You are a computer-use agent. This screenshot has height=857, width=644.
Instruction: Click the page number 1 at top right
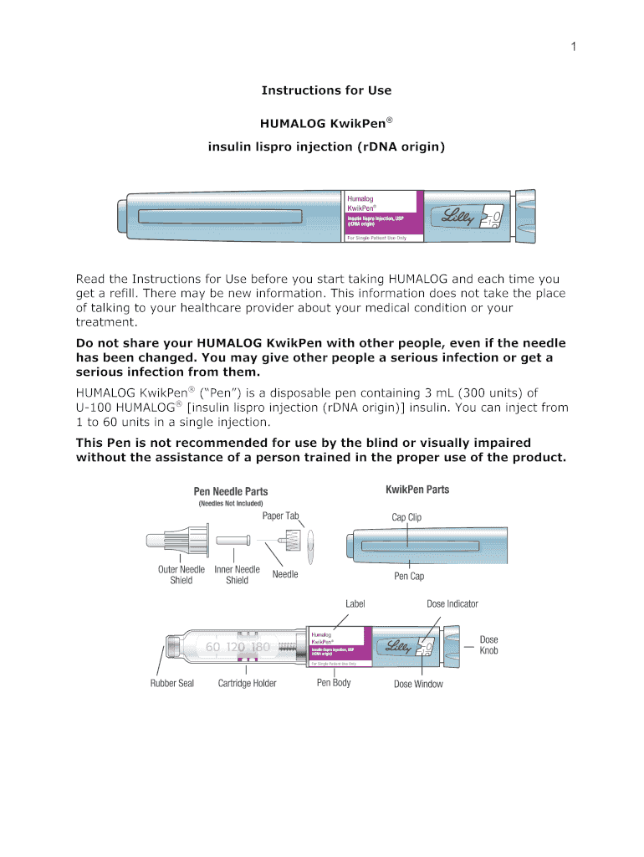[x=574, y=47]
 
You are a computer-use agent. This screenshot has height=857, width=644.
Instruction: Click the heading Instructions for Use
[x=326, y=90]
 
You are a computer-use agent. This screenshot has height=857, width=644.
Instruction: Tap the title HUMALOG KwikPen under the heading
[x=326, y=123]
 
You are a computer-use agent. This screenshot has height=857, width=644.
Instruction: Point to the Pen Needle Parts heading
[x=231, y=491]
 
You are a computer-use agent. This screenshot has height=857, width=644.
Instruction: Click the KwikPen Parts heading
[x=417, y=490]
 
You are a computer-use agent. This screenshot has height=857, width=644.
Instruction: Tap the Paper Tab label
[x=280, y=516]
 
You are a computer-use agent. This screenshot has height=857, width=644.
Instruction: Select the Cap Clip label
[x=406, y=517]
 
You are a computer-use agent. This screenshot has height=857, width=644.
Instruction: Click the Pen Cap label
[x=409, y=577]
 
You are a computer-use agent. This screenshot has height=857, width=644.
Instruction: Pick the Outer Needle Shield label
[x=181, y=575]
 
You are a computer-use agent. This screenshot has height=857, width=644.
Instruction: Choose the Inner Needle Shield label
[x=237, y=575]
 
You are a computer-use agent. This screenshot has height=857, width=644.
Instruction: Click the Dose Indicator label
[x=452, y=603]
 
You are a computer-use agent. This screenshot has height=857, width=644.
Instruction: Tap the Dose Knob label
[x=488, y=644]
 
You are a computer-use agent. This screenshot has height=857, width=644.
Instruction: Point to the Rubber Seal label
[x=172, y=684]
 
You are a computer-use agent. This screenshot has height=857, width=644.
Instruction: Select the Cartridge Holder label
[x=247, y=684]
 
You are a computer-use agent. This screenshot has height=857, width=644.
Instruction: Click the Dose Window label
[x=418, y=684]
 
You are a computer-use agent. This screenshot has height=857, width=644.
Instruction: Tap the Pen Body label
[x=334, y=683]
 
